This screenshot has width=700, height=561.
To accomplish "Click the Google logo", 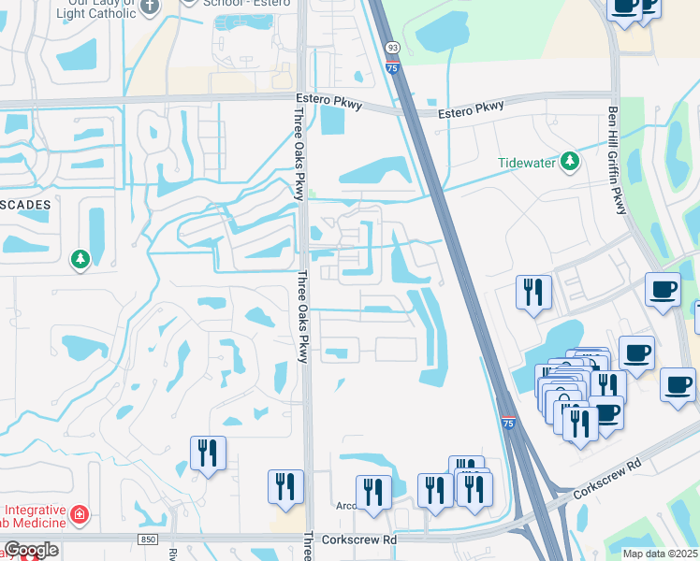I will (31, 550).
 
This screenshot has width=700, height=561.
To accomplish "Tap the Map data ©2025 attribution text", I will (660, 554).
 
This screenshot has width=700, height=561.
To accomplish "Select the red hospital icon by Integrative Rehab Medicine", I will (80, 514).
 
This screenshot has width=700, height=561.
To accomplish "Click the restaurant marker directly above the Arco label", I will (373, 492).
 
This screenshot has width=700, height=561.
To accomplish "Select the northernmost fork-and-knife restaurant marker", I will (533, 292).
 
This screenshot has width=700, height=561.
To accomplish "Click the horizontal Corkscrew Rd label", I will (358, 539).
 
